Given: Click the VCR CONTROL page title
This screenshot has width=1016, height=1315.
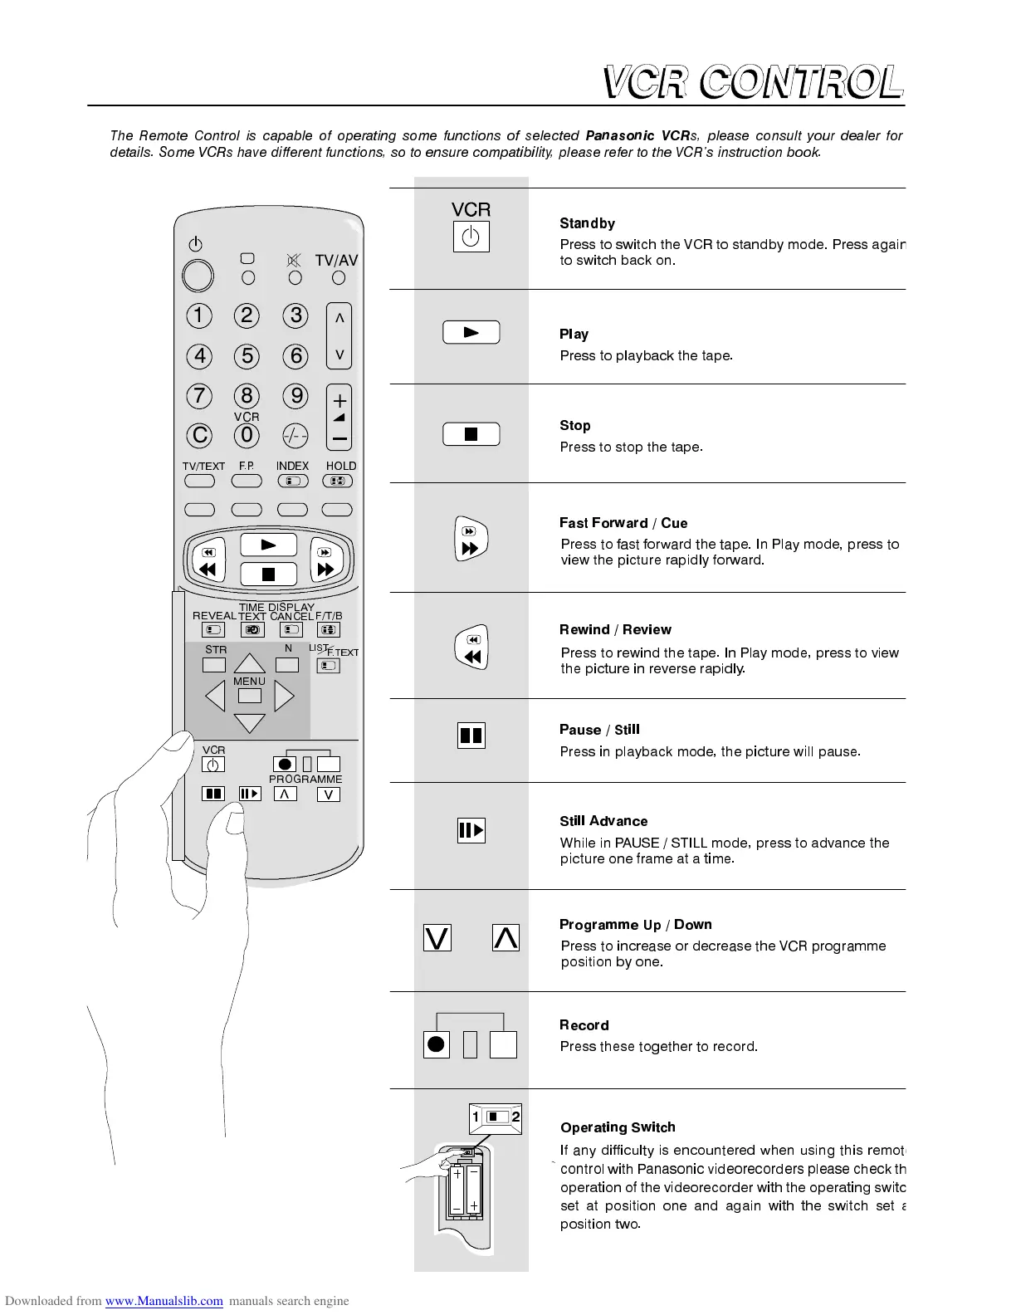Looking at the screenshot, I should (752, 83).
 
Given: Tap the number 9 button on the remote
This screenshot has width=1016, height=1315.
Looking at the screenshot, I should (296, 395).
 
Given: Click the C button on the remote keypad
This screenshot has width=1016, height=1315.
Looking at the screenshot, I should (200, 435).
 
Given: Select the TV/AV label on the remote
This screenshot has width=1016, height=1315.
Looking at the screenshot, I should (336, 260).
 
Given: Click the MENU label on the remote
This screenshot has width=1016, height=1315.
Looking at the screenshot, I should (249, 681).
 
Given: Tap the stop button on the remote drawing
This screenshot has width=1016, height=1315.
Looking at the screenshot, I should (268, 574).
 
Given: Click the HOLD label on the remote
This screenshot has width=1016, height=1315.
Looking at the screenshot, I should (340, 466).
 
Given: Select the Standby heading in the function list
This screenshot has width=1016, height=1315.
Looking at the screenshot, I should (587, 223).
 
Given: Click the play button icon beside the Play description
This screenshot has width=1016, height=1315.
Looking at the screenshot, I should (471, 332).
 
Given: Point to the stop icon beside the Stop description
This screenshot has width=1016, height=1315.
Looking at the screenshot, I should (471, 434).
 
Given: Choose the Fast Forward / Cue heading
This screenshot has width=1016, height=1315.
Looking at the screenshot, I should (623, 523).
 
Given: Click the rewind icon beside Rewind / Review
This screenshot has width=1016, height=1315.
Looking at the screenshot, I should (471, 648).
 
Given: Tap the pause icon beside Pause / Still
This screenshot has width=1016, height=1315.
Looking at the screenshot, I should (471, 736).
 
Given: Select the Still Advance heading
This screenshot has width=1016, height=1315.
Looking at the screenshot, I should (603, 821).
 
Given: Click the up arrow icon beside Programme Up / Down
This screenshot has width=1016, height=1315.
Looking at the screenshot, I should (506, 938).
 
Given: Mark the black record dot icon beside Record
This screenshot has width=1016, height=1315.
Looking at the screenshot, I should (436, 1044).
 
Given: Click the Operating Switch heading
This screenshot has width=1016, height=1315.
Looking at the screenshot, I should (618, 1127).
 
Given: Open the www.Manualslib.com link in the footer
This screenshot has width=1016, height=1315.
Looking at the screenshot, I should (164, 1301).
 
